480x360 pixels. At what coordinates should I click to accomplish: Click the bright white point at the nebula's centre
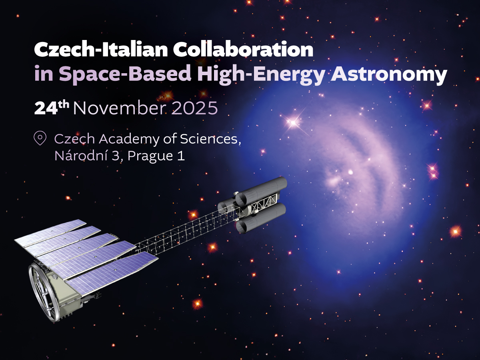351,172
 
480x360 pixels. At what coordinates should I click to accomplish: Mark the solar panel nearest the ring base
112,272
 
